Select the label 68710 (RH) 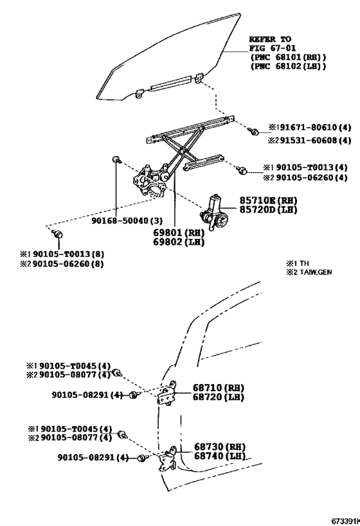coord(219,388)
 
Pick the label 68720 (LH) coord(219,398)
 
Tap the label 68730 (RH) coord(220,446)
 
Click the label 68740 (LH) coord(220,456)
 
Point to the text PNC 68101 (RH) coord(287,57)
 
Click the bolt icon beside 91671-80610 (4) coord(254,132)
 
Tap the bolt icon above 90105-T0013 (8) coord(58,236)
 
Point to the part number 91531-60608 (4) coord(304,141)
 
